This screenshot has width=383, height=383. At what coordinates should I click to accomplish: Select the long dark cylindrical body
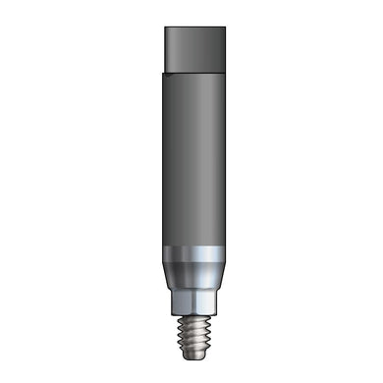tap(191, 157)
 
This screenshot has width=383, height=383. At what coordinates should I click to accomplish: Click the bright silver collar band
tap(191, 253)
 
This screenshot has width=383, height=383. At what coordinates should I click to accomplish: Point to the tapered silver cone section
tap(191, 275)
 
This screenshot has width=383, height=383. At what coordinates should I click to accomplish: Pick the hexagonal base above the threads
tap(191, 299)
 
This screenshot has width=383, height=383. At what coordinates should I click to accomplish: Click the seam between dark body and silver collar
tap(191, 243)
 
